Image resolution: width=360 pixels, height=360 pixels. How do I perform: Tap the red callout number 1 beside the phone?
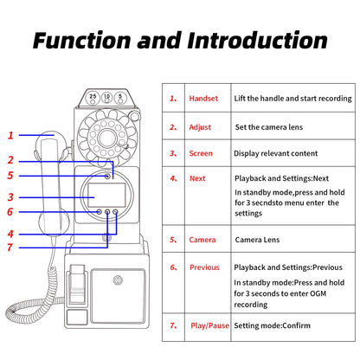(x=11, y=135)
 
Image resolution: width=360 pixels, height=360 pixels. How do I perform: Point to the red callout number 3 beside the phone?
(x=11, y=196)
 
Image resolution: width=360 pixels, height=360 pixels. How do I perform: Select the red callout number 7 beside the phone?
(x=11, y=247)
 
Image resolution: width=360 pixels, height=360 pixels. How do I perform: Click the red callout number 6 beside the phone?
(x=11, y=211)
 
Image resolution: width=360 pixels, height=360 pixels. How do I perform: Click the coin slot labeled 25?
(x=93, y=98)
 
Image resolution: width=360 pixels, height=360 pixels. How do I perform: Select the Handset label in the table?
(x=203, y=99)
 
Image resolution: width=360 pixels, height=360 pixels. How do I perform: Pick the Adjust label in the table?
(x=200, y=126)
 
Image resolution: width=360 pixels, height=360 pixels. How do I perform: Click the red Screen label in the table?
(x=201, y=153)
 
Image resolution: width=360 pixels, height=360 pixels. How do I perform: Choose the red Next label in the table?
(x=197, y=178)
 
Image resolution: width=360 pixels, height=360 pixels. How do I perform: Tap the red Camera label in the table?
(x=202, y=239)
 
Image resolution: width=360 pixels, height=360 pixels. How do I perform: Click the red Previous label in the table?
(x=204, y=267)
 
